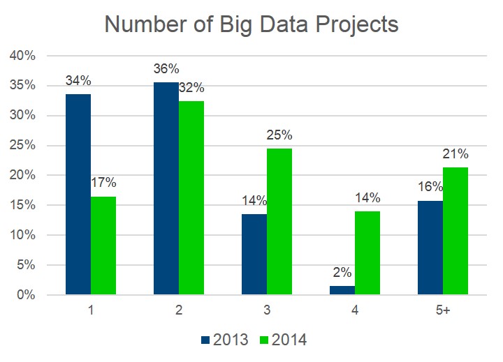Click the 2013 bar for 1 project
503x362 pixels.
(78, 195)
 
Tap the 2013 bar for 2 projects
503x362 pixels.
(166, 188)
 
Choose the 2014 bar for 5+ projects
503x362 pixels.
(455, 231)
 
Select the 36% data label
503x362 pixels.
(166, 70)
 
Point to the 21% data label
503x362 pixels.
(455, 154)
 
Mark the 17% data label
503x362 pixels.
(103, 183)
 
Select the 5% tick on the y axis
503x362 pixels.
(24, 265)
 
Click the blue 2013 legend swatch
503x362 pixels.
(205, 340)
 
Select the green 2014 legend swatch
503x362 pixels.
(265, 340)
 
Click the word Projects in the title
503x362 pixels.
(350, 25)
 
